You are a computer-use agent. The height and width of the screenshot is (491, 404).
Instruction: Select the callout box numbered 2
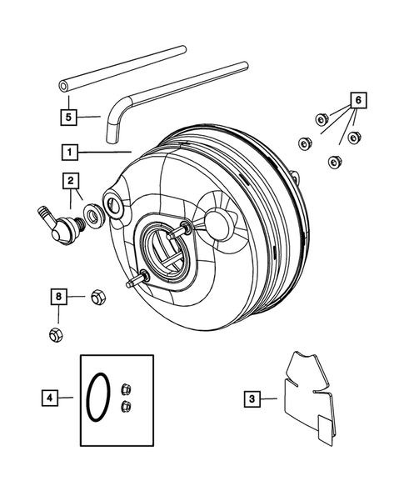coord(72,179)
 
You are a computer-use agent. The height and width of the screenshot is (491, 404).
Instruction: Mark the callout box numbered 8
coord(58,295)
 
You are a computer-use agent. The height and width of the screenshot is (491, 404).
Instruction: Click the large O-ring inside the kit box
coord(98,397)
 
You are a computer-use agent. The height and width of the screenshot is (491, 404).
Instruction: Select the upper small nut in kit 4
coord(127,388)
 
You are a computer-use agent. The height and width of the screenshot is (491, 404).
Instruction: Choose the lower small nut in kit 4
coord(127,406)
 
